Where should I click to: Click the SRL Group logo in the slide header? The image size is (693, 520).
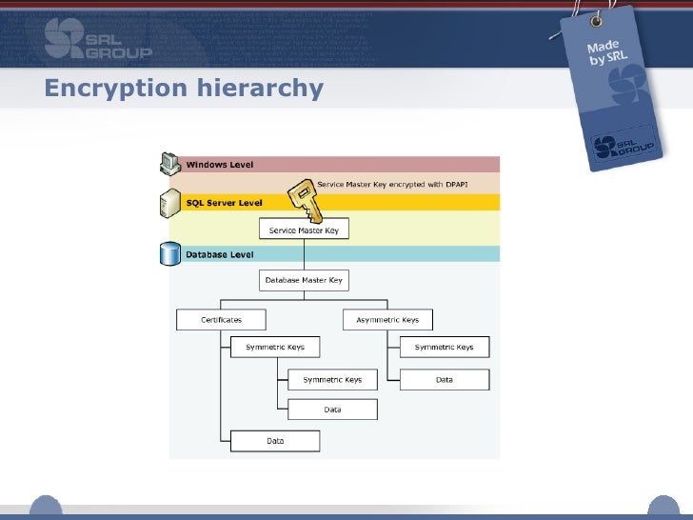click(x=97, y=39)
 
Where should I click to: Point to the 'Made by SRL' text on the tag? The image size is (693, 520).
click(x=606, y=55)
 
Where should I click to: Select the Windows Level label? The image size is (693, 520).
click(x=220, y=165)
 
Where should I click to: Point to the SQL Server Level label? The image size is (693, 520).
click(x=224, y=203)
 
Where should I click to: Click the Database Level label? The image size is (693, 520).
click(x=220, y=254)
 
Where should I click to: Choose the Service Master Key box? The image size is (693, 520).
click(x=304, y=230)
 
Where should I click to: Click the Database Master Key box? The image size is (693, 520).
click(x=304, y=281)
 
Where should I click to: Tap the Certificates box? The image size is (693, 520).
click(x=221, y=320)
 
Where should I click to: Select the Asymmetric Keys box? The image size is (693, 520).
click(x=387, y=320)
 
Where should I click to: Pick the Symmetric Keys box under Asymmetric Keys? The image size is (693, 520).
click(x=444, y=347)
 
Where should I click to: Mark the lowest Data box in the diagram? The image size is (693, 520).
click(x=275, y=441)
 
